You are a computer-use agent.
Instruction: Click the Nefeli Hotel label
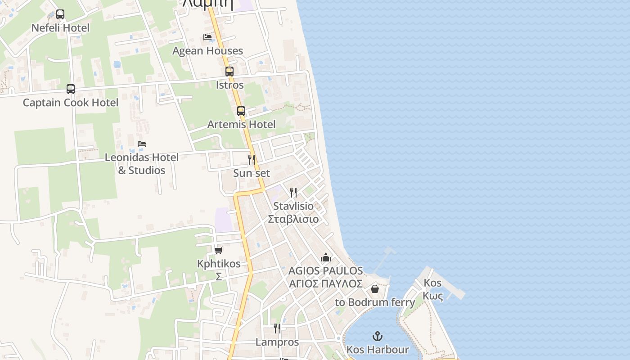(60, 28)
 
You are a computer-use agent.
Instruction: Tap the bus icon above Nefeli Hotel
(60, 14)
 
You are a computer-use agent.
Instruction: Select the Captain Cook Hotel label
(71, 103)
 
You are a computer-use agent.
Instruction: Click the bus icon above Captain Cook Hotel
(71, 89)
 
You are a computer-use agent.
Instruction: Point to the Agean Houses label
(207, 51)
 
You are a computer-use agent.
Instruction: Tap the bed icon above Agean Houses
(207, 37)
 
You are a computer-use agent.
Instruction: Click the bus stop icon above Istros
(229, 72)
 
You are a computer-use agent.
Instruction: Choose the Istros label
(229, 85)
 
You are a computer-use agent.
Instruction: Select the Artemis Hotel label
(241, 124)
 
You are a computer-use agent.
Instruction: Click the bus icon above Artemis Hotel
(241, 111)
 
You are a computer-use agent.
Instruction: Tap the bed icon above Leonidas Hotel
(142, 144)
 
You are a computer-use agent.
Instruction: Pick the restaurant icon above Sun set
(252, 159)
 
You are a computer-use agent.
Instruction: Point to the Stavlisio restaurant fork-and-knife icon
(293, 193)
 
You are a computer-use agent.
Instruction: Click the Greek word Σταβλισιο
(293, 219)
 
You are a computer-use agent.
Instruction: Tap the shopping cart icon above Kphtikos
(219, 250)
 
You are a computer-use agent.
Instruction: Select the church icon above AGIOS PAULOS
(325, 257)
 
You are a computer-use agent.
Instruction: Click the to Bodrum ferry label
(375, 302)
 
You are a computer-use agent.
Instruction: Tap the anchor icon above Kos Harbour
(378, 336)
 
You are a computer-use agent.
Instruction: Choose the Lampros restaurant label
(277, 342)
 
